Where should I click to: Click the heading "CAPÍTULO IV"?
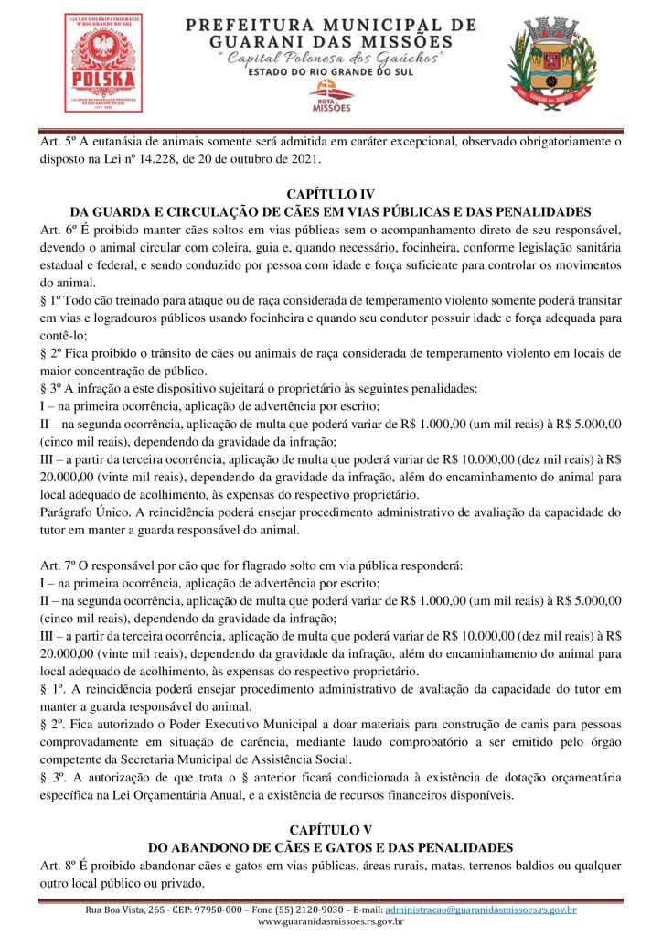point(330,195)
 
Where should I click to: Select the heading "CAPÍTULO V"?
point(330,829)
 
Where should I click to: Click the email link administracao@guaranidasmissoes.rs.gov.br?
point(480,910)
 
